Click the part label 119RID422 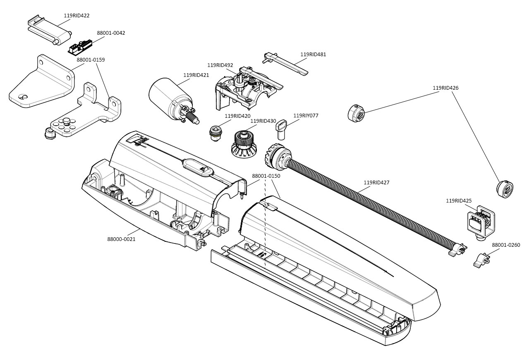(77, 16)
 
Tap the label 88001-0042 (111, 33)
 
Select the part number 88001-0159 (91, 60)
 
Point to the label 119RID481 (313, 55)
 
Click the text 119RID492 (220, 65)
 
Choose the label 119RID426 (445, 88)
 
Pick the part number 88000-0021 (121, 239)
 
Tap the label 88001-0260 (506, 245)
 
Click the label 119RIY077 (306, 116)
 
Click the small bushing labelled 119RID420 (215, 132)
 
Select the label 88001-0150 (266, 176)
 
